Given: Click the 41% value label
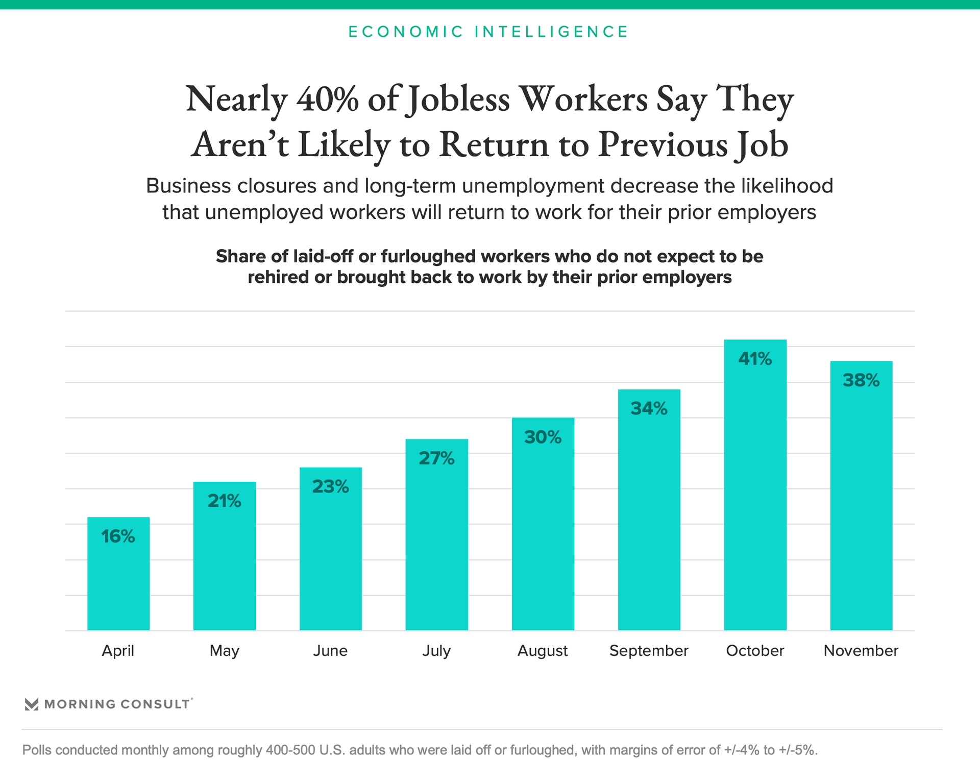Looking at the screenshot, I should click(755, 359).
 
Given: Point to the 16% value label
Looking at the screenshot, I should click(118, 536).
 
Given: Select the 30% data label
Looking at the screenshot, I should click(543, 437).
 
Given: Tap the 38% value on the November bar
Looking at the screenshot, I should click(861, 381).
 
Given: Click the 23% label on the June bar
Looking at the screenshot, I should click(330, 487).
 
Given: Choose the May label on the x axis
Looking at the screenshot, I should click(224, 651).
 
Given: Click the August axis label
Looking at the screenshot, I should click(543, 651).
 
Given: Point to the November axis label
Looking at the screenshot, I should click(861, 651).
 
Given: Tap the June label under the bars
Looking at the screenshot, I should click(330, 651).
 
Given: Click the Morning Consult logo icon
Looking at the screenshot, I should click(32, 704).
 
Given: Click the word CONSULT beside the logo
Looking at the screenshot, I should click(155, 704).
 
